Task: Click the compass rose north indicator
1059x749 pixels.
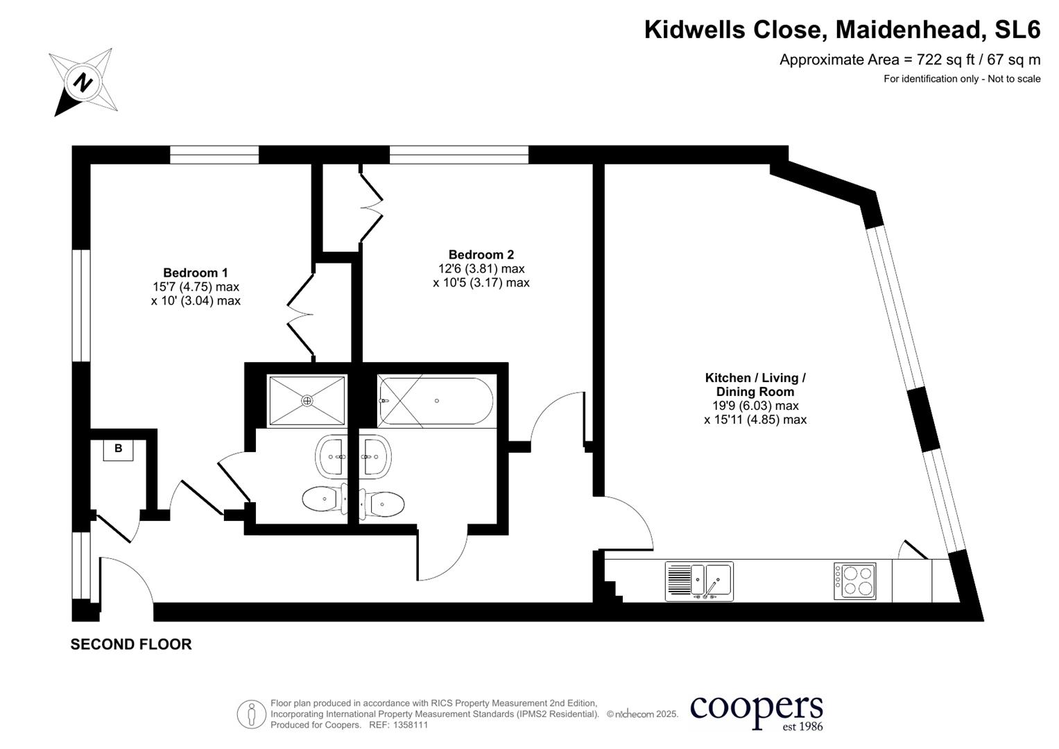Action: point(83,83)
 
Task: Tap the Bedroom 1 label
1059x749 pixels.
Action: point(195,273)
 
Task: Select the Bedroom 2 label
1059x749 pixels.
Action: point(481,255)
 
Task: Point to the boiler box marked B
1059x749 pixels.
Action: point(118,449)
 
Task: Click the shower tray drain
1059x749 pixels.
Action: point(307,401)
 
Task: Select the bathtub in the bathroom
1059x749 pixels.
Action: point(435,401)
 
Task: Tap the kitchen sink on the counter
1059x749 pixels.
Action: point(699,580)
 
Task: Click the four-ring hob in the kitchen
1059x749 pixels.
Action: point(854,581)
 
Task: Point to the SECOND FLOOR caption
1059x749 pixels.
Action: point(131,644)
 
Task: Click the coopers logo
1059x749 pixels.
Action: point(756,711)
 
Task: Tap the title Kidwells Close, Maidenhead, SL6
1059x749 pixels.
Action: point(842,30)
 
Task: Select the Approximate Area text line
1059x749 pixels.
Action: point(909,60)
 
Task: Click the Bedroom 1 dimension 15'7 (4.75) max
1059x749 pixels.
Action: point(196,286)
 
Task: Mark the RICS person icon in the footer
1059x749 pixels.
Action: point(251,714)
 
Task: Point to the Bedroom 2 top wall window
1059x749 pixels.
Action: point(458,155)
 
